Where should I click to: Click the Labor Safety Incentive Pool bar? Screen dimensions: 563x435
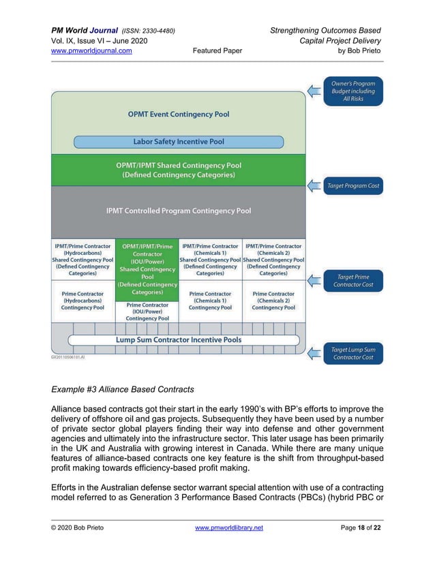pyautogui.click(x=178, y=142)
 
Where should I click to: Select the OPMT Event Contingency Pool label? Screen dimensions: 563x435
pyautogui.click(x=179, y=115)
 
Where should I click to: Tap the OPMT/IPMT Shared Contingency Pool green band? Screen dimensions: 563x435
pyautogui.click(x=178, y=170)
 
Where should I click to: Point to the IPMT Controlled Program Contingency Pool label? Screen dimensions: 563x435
pyautogui.click(x=178, y=211)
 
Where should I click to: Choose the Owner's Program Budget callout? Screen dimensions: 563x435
pyautogui.click(x=353, y=91)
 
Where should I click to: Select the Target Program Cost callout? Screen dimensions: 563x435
pyautogui.click(x=353, y=185)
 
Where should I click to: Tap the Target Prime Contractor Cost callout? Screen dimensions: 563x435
pyautogui.click(x=353, y=280)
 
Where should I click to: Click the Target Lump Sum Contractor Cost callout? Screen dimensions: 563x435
pyautogui.click(x=353, y=353)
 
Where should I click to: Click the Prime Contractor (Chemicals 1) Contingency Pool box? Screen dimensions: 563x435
pyautogui.click(x=210, y=301)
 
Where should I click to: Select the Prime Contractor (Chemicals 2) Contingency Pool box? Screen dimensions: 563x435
pyautogui.click(x=273, y=301)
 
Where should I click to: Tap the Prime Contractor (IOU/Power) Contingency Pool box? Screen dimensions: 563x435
pyautogui.click(x=147, y=311)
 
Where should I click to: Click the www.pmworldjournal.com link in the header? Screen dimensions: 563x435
pyautogui.click(x=92, y=50)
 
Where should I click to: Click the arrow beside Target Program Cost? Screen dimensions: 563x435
pyautogui.click(x=314, y=185)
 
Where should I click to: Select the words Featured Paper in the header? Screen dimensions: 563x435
pyautogui.click(x=217, y=50)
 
